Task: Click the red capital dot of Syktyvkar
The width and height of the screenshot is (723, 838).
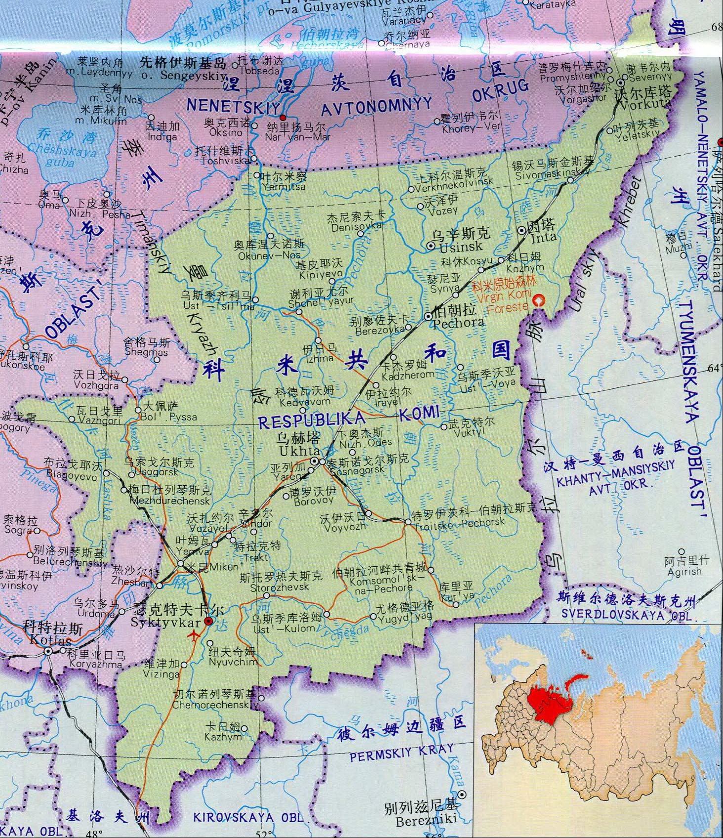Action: coord(209,621)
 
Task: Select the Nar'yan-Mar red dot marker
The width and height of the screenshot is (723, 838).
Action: coord(282,118)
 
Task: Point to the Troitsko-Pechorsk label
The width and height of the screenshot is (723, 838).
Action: coord(459,521)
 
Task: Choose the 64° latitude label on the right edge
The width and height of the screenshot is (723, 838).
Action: coord(714,368)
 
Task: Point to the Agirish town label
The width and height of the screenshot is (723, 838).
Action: coord(684,571)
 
